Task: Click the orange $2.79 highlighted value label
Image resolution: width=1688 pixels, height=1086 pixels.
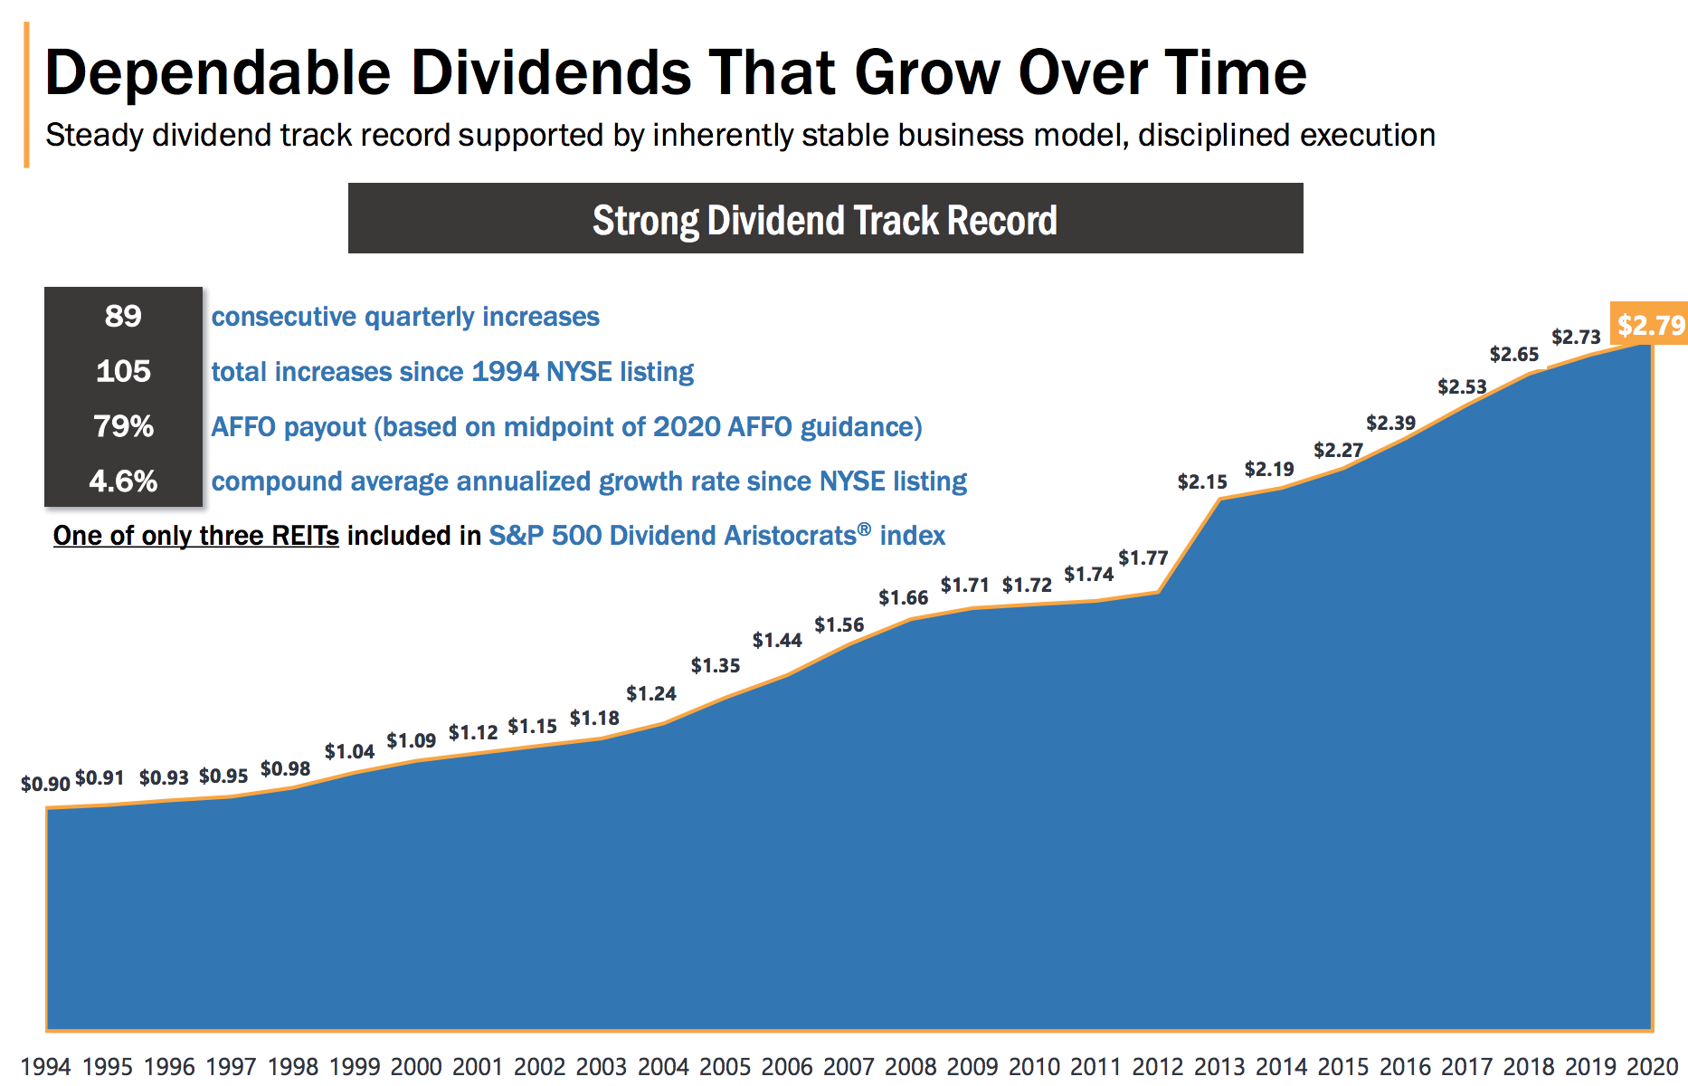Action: tap(1650, 325)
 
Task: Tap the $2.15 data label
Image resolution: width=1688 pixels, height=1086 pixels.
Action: tap(1202, 482)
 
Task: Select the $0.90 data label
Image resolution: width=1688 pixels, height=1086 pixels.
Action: tap(45, 784)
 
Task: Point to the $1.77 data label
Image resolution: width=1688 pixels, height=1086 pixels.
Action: tap(1143, 557)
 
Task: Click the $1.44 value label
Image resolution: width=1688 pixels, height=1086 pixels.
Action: tap(777, 641)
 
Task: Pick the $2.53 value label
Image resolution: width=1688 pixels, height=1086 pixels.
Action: tap(1462, 387)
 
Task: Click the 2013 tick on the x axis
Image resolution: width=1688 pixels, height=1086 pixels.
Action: tap(1219, 1067)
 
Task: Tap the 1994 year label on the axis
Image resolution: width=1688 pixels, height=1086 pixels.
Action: tap(45, 1067)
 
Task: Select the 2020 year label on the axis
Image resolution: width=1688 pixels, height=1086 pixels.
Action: tap(1652, 1067)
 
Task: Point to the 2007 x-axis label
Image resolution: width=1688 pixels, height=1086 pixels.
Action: tap(849, 1067)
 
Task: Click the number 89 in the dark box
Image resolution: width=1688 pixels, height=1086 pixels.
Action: tap(123, 316)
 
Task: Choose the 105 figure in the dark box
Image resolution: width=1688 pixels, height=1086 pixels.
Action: tap(123, 371)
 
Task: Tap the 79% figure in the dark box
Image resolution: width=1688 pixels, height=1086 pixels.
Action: tap(123, 426)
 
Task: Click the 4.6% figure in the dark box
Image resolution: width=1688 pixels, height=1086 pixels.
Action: tap(123, 481)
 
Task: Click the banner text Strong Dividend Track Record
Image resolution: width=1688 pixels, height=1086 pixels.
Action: tap(824, 220)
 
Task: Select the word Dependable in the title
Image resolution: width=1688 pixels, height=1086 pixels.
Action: tap(217, 72)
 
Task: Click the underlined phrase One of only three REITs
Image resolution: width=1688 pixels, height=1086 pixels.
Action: tap(195, 536)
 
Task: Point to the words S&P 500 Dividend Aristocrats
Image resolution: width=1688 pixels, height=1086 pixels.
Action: tap(671, 536)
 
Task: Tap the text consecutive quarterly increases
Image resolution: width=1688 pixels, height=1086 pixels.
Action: tap(405, 317)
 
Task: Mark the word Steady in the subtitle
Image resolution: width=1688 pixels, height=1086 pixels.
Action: tap(94, 136)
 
